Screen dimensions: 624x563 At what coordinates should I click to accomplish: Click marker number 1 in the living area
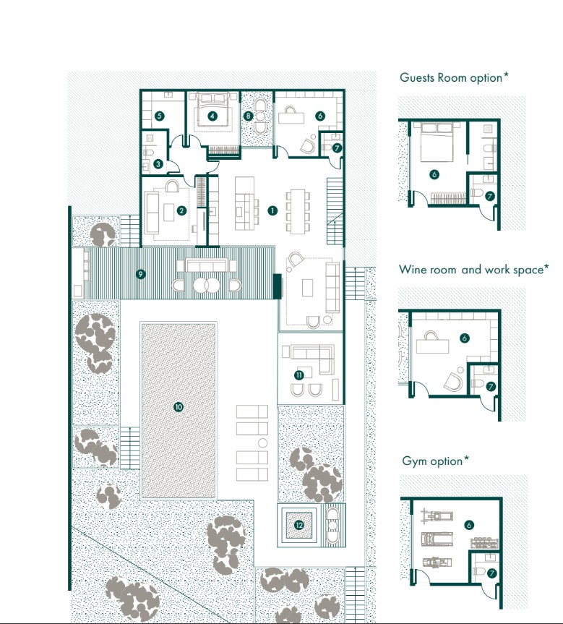click(x=272, y=210)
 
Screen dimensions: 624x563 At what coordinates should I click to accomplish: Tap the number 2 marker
click(x=182, y=210)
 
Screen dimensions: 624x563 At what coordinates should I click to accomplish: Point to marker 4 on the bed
click(x=212, y=115)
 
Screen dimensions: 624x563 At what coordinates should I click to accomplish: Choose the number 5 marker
click(x=159, y=115)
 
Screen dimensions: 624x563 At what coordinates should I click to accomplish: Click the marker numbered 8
click(x=248, y=115)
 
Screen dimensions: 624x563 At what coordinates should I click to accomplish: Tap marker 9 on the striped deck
click(x=141, y=274)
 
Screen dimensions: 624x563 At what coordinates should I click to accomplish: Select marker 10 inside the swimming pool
click(x=179, y=407)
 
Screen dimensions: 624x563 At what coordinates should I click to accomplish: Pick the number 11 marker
click(x=298, y=374)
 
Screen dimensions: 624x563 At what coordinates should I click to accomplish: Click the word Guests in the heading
click(x=417, y=77)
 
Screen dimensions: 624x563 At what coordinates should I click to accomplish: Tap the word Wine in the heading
click(x=413, y=270)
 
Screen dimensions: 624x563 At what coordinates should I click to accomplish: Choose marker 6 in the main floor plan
click(x=319, y=115)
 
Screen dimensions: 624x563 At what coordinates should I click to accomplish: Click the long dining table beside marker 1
click(x=298, y=210)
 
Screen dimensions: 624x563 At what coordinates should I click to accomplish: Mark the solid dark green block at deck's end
click(x=276, y=286)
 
